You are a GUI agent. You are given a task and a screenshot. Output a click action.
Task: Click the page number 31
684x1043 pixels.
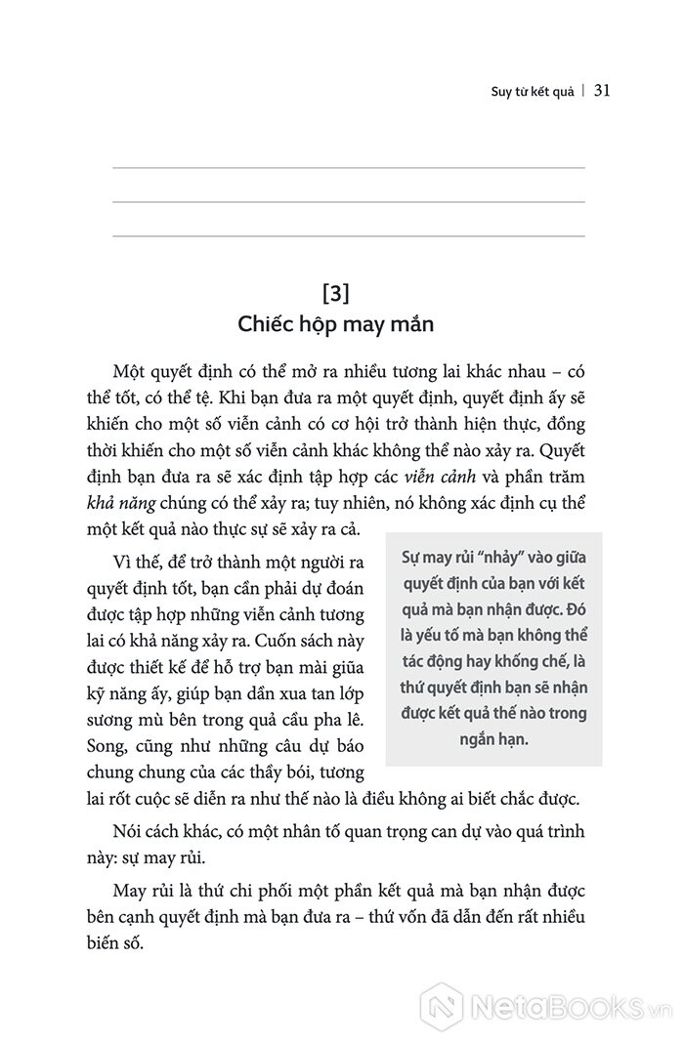pyautogui.click(x=602, y=91)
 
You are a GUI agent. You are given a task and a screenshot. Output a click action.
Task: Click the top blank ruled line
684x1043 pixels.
pyautogui.click(x=349, y=168)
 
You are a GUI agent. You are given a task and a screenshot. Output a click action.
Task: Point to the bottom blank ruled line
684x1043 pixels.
pyautogui.click(x=349, y=236)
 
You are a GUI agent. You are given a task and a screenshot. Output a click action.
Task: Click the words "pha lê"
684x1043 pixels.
pyautogui.click(x=340, y=721)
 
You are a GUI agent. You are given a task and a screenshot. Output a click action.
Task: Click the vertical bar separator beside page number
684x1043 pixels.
pyautogui.click(x=583, y=91)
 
